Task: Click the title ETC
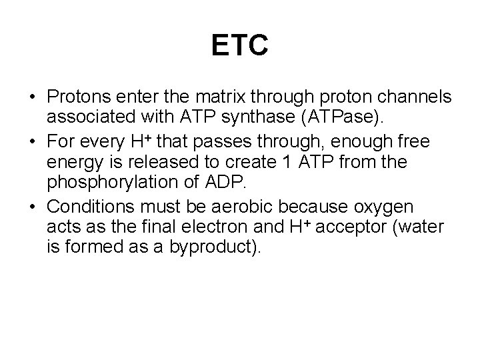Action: [x=239, y=46]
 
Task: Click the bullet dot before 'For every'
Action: [x=33, y=141]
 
